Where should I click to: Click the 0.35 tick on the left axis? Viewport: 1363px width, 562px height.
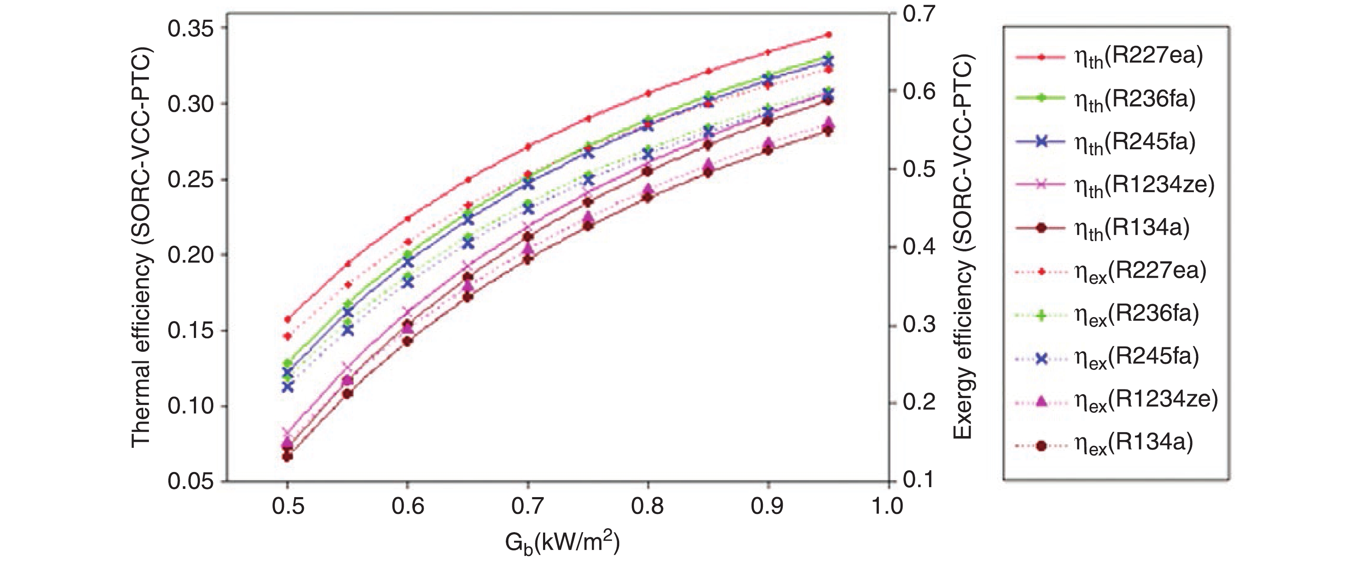190,29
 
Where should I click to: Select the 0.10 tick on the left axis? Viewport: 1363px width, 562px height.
190,406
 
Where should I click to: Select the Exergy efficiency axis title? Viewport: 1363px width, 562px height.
963,247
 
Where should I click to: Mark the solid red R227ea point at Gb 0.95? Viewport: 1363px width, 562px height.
829,35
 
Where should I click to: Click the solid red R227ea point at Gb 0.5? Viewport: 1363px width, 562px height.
288,319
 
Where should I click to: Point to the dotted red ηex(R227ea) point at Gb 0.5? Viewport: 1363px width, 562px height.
288,336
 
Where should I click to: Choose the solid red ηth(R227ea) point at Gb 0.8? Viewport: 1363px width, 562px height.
648,93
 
